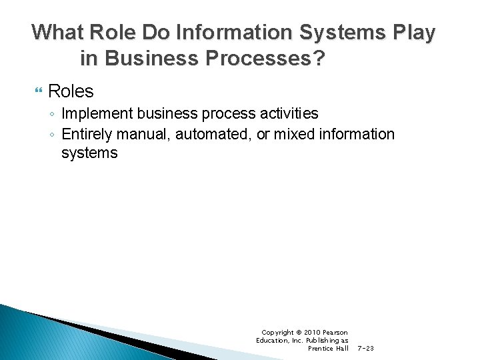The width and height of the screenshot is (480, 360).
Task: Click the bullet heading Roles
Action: pyautogui.click(x=71, y=91)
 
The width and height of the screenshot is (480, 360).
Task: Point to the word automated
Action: pyautogui.click(x=213, y=134)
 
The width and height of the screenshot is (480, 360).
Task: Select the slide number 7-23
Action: pyautogui.click(x=366, y=348)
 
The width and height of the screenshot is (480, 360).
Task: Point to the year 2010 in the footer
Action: pyautogui.click(x=313, y=332)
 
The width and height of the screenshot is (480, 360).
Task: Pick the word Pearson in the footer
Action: pyautogui.click(x=335, y=332)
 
